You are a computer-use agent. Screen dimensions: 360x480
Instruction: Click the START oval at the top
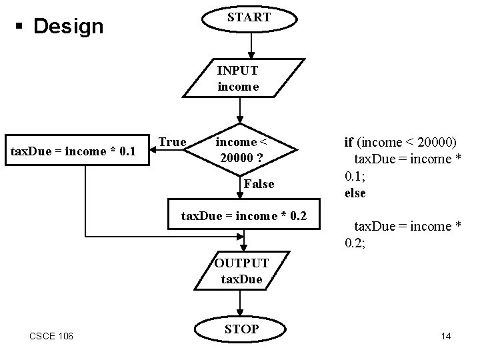point(249,18)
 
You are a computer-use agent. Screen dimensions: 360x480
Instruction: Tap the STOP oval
point(242,329)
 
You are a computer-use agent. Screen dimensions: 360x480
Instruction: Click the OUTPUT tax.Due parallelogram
point(242,271)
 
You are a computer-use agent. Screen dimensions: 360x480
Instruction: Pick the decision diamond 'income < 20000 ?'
point(241,151)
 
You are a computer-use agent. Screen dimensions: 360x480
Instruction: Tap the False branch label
point(259,184)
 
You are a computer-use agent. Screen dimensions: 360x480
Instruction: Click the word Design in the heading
point(69,27)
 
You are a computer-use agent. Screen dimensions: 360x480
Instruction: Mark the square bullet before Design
point(23,27)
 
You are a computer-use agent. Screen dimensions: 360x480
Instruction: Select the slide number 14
point(446,336)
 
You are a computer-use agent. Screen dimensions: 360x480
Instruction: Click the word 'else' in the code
point(355,193)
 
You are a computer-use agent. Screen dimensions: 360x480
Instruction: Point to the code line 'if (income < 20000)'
point(399,141)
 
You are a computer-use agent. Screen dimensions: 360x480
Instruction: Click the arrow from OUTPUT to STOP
point(242,304)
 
